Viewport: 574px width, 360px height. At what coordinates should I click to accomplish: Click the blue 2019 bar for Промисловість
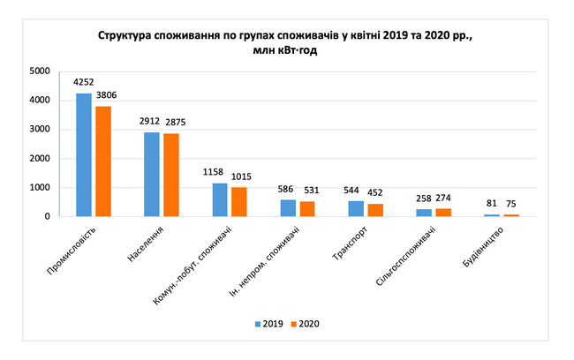(84, 154)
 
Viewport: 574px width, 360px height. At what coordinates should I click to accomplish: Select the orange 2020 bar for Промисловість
(104, 161)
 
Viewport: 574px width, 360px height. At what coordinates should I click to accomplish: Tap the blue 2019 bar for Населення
(151, 174)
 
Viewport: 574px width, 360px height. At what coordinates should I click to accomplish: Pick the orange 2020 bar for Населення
(171, 175)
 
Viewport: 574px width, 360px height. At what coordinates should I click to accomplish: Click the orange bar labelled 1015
(239, 201)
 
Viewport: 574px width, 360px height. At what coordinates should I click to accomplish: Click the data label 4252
(83, 83)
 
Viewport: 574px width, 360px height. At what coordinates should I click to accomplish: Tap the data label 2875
(172, 123)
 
